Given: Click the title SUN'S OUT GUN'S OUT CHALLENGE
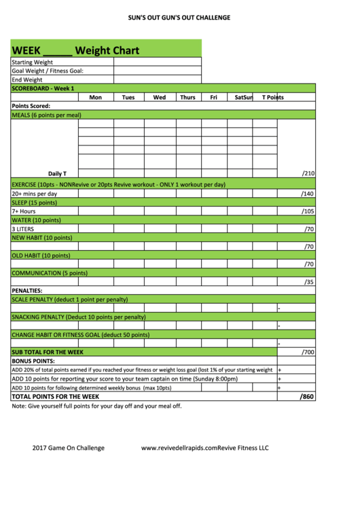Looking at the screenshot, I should click(179, 18).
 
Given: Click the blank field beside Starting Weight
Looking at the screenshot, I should click(157, 62).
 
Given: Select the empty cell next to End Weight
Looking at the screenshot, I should click(157, 80).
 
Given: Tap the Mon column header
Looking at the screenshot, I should click(96, 97).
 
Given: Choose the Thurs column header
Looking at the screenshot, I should click(187, 97).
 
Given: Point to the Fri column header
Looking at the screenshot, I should click(213, 97).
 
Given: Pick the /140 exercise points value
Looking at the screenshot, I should click(308, 194).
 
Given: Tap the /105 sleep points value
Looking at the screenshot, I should click(308, 211).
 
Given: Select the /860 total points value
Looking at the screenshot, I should click(307, 397).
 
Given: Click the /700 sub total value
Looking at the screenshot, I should click(308, 353).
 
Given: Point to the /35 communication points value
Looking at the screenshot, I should click(309, 282).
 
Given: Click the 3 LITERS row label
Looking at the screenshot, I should click(23, 229).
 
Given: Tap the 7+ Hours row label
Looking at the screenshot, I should click(24, 211).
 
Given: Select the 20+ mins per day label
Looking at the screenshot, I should click(35, 194).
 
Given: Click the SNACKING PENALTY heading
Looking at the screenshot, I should click(79, 317).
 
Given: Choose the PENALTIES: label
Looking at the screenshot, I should click(27, 291).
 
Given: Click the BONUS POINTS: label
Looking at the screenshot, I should click(33, 361).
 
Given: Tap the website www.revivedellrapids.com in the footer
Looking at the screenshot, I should click(179, 448).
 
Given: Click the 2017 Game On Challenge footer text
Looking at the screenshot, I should click(69, 448).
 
